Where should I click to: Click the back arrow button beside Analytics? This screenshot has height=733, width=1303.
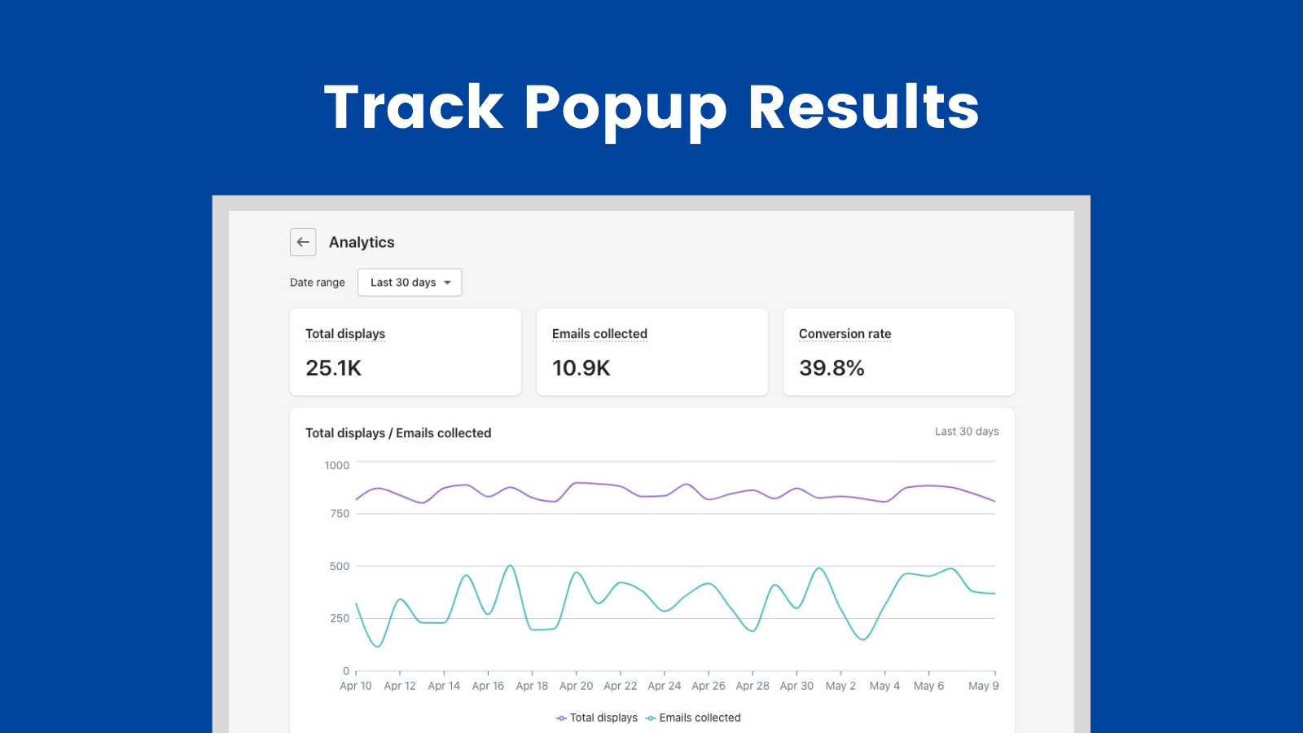[x=303, y=242]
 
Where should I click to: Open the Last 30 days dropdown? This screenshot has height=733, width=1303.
[x=410, y=283]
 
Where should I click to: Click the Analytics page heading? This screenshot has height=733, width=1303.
[x=362, y=243]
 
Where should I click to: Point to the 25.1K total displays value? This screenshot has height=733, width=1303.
[x=333, y=368]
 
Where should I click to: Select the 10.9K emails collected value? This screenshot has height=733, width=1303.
[x=581, y=368]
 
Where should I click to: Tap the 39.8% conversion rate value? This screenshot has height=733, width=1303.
[x=831, y=368]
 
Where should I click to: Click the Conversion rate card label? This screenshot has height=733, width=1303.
[x=845, y=334]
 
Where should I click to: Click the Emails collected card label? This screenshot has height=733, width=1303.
[x=599, y=334]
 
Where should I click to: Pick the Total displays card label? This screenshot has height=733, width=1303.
[x=345, y=334]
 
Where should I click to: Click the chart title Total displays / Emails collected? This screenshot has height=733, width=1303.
[x=398, y=433]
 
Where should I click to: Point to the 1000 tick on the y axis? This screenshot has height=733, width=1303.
[x=336, y=466]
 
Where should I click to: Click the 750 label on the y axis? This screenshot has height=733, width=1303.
[x=340, y=514]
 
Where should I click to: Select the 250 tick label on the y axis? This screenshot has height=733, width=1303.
[x=340, y=619]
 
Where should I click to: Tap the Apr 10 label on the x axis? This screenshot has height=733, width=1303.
[x=356, y=686]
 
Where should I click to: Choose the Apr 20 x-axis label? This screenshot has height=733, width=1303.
[x=577, y=686]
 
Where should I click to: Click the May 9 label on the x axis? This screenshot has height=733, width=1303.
[x=983, y=686]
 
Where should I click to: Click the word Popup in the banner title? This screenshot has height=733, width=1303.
[x=625, y=108]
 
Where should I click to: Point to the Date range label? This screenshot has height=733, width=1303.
[x=318, y=283]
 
